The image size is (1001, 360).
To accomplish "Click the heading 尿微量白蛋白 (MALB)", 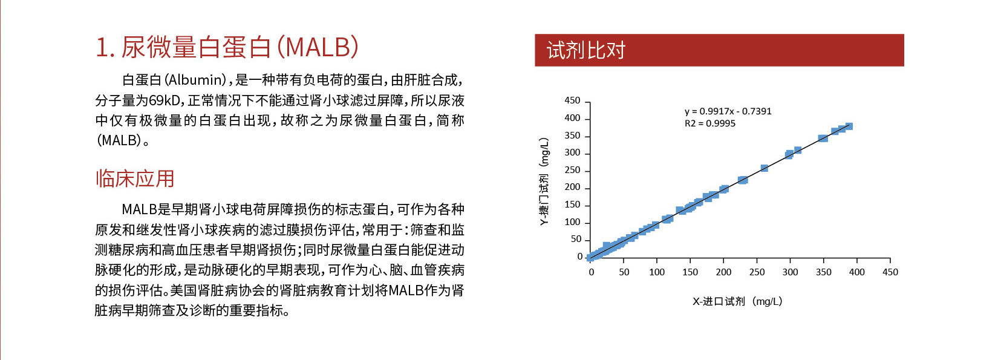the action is pyautogui.click(x=240, y=47).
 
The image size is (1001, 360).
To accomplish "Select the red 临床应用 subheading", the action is pyautogui.click(x=134, y=178).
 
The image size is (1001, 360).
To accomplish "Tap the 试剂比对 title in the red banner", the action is pyautogui.click(x=586, y=50).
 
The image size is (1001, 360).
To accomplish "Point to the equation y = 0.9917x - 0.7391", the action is pyautogui.click(x=728, y=111).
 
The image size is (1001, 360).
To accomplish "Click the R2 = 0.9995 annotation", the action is pyautogui.click(x=709, y=123).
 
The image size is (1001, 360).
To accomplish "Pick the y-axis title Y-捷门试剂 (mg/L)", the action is pyautogui.click(x=544, y=182).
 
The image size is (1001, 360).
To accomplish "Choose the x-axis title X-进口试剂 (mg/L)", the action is pyautogui.click(x=737, y=301).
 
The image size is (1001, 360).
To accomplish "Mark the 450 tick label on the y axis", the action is pyautogui.click(x=572, y=100).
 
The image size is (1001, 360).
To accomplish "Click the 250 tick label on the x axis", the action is pyautogui.click(x=757, y=272).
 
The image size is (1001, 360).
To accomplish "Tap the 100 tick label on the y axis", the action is pyautogui.click(x=572, y=222).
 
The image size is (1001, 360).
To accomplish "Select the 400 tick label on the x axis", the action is pyautogui.click(x=856, y=272).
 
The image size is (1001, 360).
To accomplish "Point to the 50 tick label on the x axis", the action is pyautogui.click(x=624, y=272).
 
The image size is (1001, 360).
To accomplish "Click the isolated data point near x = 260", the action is pyautogui.click(x=764, y=168).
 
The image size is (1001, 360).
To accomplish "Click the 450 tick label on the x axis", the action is pyautogui.click(x=890, y=272).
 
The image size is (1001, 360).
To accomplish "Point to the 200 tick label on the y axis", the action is pyautogui.click(x=572, y=188).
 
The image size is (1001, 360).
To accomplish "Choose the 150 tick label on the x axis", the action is pyautogui.click(x=691, y=272).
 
